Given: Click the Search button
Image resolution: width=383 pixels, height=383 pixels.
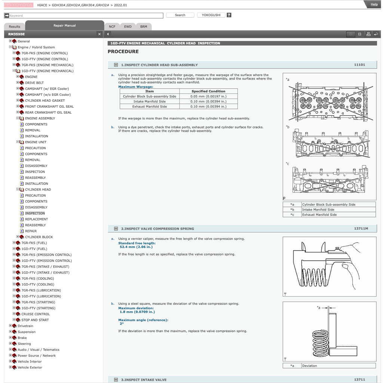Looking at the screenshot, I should (180, 15).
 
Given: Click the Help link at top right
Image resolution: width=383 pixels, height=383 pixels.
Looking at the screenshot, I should (374, 4).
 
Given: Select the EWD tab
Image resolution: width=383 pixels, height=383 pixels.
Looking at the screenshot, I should (128, 27).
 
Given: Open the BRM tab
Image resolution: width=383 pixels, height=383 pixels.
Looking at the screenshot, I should (144, 27).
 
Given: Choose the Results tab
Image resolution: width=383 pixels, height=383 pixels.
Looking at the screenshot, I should (15, 27).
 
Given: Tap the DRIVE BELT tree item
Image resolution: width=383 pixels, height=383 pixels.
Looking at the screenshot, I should (34, 83).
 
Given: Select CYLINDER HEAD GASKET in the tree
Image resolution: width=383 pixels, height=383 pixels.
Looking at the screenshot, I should (45, 101).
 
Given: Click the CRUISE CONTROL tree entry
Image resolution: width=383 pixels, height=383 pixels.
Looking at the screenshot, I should (36, 314).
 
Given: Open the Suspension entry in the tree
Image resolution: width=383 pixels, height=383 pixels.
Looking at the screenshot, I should (27, 332).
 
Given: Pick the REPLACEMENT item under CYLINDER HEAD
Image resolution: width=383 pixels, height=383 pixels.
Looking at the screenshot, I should (36, 219).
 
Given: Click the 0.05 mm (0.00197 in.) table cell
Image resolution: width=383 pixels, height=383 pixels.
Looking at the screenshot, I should (208, 96).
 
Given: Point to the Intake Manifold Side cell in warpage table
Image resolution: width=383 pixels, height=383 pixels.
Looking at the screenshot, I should (149, 101).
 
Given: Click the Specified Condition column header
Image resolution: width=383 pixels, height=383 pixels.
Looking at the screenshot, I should (208, 91).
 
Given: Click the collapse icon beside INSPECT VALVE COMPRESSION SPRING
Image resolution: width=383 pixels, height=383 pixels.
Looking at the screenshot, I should (116, 229).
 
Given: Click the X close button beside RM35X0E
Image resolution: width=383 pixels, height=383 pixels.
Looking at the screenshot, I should (99, 34).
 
